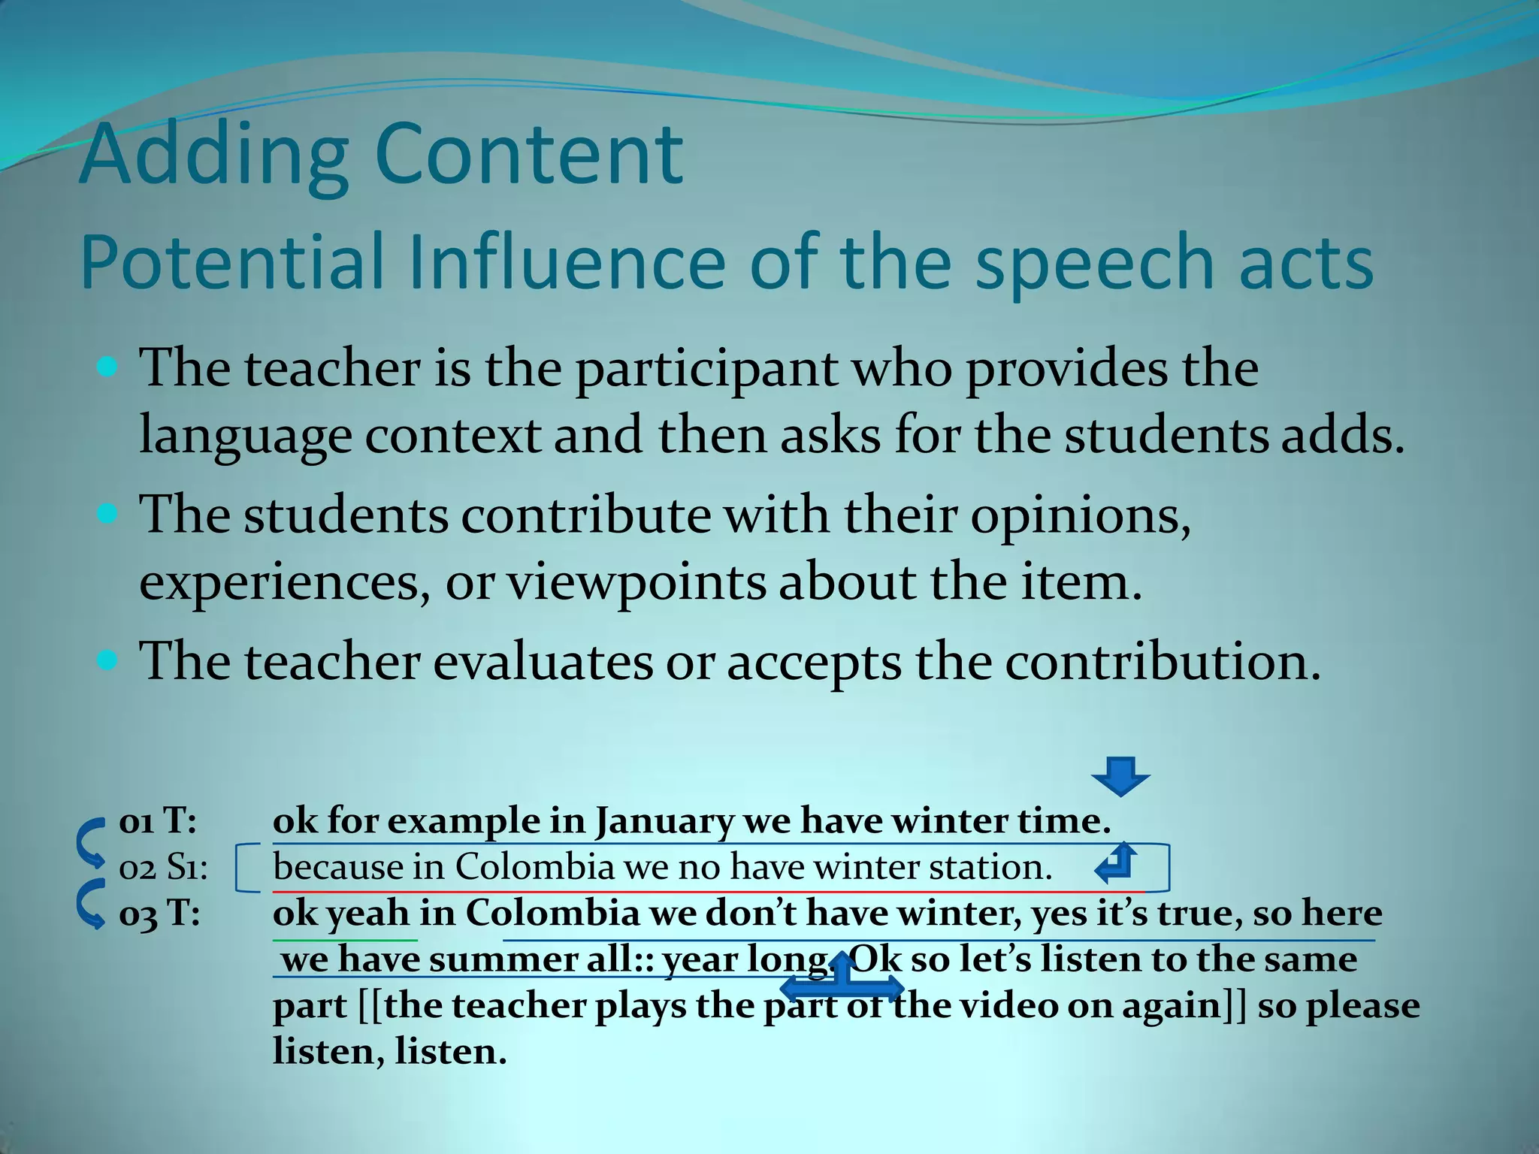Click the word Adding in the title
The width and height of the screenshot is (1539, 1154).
tap(213, 156)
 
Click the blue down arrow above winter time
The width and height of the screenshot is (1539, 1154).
tap(1120, 776)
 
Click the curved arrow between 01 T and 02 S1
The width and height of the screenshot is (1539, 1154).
tap(92, 841)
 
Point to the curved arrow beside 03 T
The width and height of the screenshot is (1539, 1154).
tap(92, 903)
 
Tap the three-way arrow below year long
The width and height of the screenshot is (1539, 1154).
tap(842, 980)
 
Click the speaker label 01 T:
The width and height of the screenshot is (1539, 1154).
tap(158, 821)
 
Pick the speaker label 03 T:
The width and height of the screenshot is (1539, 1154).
tap(159, 914)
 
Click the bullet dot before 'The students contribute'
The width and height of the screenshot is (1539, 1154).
tap(108, 515)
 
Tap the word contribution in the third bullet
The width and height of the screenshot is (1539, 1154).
tap(1162, 662)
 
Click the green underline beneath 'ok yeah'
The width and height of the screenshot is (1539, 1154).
tap(345, 940)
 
